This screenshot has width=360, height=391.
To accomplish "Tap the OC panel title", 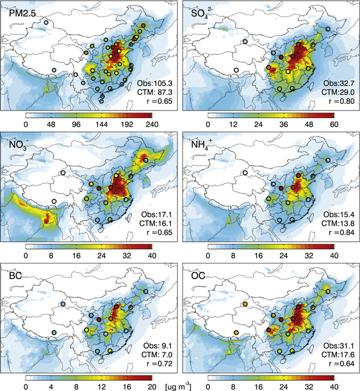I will tap(197, 273).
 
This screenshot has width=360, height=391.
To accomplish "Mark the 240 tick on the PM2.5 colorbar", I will tap(151, 124).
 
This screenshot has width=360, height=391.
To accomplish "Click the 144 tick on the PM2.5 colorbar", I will tap(101, 124).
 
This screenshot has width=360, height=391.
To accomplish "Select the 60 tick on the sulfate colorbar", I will tap(333, 124).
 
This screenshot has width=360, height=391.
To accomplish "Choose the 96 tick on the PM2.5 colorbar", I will tap(76, 124).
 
